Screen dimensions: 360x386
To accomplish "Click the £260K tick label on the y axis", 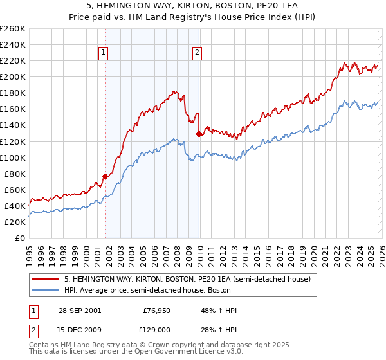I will [13, 29].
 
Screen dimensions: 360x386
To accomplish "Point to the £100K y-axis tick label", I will [13, 157].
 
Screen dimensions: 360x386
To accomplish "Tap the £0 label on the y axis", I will [19, 238].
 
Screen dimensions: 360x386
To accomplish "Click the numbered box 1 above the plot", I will [103, 53].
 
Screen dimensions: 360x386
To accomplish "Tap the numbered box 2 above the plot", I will [196, 53].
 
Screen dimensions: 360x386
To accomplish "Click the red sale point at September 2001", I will [105, 176].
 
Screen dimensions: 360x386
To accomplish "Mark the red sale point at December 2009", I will [199, 134].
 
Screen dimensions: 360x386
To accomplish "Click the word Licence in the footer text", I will [190, 353].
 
